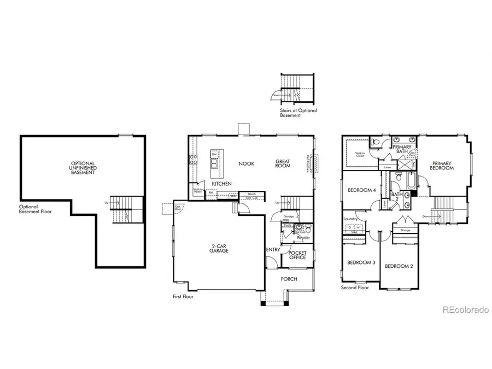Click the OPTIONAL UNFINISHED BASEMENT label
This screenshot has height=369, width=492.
click(83, 168)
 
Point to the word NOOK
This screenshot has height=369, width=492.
click(244, 163)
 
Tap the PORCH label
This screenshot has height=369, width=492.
click(289, 279)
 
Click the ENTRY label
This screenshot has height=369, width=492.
click(273, 250)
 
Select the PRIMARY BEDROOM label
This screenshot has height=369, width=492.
click(442, 166)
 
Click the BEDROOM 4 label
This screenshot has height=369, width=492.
click(361, 190)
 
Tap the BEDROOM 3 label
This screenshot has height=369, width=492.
click(361, 263)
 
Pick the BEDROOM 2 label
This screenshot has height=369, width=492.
click(398, 266)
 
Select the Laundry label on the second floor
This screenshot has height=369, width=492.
click(350, 219)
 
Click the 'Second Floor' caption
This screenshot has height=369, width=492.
click(355, 288)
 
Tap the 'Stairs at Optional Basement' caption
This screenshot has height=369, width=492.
click(297, 113)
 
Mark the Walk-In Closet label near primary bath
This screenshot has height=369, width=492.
click(360, 154)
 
